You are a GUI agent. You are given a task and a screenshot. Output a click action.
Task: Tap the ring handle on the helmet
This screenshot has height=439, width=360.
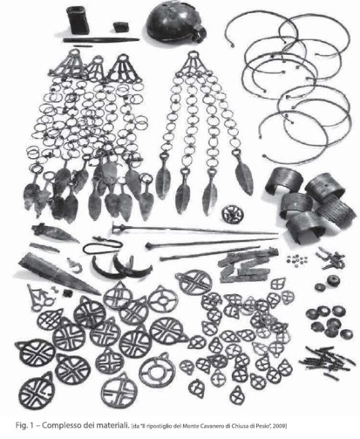click(199, 33)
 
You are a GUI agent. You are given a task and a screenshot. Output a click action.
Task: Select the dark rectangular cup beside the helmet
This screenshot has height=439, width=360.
click(78, 20)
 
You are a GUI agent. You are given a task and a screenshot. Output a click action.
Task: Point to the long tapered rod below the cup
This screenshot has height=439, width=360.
click(101, 40)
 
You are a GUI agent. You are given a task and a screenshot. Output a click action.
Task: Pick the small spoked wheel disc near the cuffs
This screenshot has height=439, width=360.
click(233, 214)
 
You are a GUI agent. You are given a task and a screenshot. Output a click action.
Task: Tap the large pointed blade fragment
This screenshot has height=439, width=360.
click(59, 272)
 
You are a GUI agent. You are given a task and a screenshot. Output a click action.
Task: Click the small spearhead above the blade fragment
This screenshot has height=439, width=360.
click(55, 233)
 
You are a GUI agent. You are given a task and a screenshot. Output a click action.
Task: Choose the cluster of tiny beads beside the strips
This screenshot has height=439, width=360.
click(297, 259)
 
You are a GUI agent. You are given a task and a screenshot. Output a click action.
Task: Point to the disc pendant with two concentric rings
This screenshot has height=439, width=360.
click(157, 369)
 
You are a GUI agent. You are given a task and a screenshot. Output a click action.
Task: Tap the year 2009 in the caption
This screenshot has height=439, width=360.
click(280, 426)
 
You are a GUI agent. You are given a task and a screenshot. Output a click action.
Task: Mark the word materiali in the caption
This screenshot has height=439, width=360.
click(113, 425)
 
